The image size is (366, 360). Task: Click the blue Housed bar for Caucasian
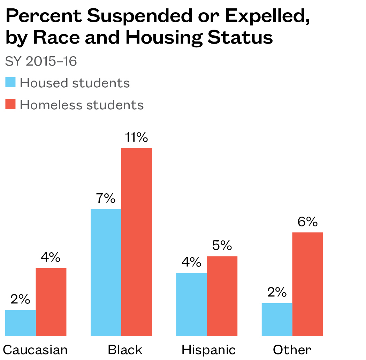21,323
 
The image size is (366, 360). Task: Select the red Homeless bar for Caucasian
51,302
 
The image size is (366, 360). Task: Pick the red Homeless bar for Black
137,242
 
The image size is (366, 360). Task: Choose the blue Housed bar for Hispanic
191,305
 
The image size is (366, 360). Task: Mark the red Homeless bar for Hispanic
222,296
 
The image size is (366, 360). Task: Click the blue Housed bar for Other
277,320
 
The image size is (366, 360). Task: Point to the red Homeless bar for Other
307,284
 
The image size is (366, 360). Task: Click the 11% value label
137,138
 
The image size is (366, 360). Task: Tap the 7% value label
106,199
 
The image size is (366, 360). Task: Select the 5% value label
222,246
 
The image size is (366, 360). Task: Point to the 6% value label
307,222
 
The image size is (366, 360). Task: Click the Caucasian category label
35,350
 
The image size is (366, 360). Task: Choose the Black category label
125,350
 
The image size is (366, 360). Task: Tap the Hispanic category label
208,350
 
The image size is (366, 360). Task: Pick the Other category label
292,350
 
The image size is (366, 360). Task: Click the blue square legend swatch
11,83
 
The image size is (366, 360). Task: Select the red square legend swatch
11,104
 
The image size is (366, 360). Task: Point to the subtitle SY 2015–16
41,61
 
